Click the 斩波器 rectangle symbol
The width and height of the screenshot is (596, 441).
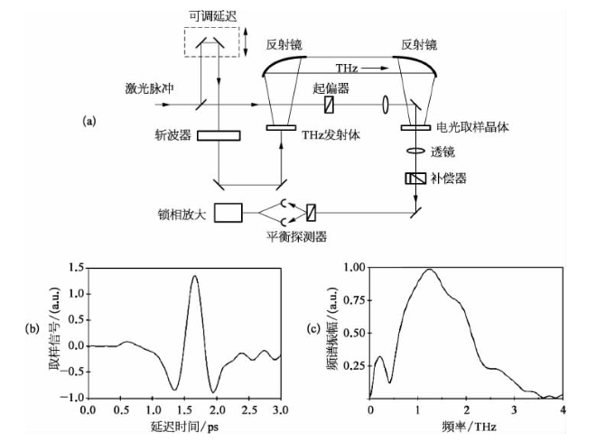pyautogui.click(x=218, y=136)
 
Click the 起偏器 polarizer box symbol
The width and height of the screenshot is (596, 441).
pyautogui.click(x=329, y=105)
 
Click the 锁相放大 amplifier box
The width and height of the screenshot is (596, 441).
pyautogui.click(x=228, y=213)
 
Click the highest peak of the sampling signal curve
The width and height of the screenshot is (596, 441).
pyautogui.click(x=195, y=276)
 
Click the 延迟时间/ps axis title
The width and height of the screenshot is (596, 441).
pyautogui.click(x=184, y=426)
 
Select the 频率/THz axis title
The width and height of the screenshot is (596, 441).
pyautogui.click(x=465, y=426)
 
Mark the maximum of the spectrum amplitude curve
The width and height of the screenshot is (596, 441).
pyautogui.click(x=428, y=269)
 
